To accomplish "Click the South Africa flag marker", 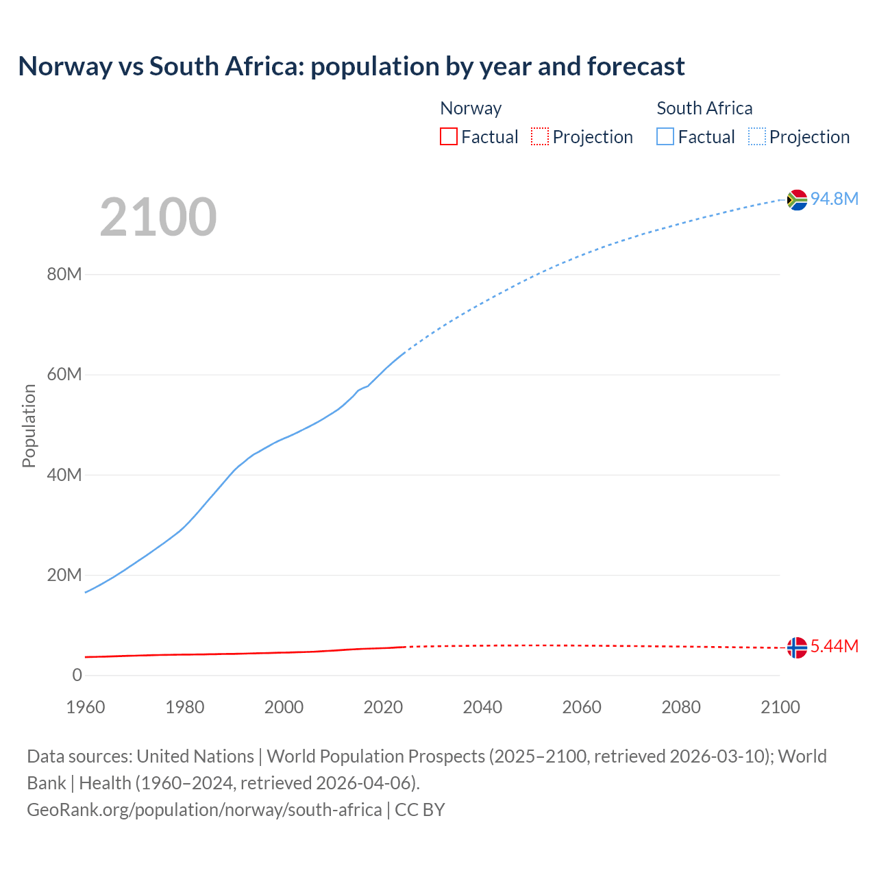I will coord(797,199).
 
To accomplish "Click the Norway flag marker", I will coord(797,647).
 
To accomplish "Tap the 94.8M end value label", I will coord(835,199).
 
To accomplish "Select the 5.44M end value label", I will coord(835,646).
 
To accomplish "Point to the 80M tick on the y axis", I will coord(64,274).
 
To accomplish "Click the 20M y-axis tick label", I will coord(64,575).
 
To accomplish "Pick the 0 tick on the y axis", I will coord(77,675).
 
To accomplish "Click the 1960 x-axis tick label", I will coord(86,707).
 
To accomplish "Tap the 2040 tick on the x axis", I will coord(482,707).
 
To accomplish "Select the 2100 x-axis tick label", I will coord(780,707).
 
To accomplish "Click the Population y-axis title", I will coord(29,425).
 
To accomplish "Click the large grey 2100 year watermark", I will coord(158,217).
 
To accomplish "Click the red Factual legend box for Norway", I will coord(449,137).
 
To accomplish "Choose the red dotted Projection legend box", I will coord(540,137).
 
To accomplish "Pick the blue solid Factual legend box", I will coord(665,137).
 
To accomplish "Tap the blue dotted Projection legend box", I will coord(757,137).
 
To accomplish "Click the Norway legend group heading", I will coord(471,108).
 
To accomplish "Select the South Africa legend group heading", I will coord(704,108).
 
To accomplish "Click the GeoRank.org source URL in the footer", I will coord(204,810).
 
